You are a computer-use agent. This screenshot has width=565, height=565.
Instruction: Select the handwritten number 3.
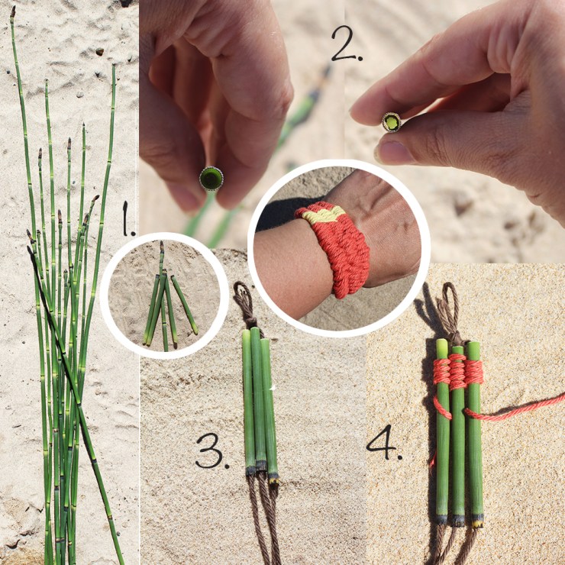tap(211, 450)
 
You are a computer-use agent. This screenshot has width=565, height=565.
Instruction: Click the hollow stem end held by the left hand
tap(211, 179)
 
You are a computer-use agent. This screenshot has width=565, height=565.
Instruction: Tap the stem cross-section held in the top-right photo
tap(392, 122)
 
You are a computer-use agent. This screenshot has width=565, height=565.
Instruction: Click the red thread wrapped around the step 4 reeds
tap(457, 372)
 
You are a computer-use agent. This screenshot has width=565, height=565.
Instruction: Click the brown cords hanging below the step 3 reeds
tap(263, 519)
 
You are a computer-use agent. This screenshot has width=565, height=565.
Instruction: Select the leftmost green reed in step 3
tap(248, 397)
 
